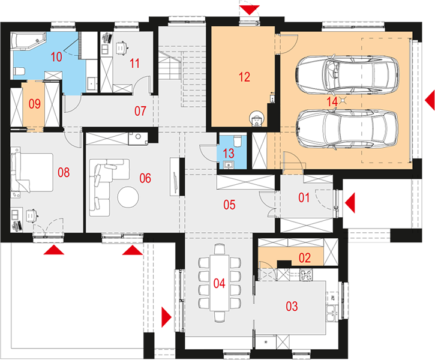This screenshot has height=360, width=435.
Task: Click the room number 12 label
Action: click(x=244, y=77)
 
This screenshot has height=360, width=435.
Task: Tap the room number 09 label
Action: click(x=35, y=104)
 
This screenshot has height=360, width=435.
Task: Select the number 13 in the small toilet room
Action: click(x=229, y=154)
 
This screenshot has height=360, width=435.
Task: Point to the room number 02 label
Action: click(x=305, y=258)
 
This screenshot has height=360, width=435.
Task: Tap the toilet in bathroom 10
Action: click(x=19, y=71)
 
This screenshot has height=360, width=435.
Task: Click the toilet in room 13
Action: click(x=238, y=141)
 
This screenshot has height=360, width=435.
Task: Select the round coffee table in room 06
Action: click(x=128, y=197)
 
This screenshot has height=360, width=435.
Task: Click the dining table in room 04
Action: click(x=219, y=283)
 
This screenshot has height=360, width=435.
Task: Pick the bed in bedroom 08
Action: click(x=32, y=172)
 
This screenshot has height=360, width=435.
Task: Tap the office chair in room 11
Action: click(x=121, y=48)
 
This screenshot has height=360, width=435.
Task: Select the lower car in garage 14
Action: click(x=347, y=130)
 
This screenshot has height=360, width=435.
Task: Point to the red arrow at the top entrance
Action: click(x=250, y=10)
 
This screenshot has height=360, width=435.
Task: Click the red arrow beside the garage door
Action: click(x=430, y=100)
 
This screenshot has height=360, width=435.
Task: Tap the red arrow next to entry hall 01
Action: click(x=350, y=203)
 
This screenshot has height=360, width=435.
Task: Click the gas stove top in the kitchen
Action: click(x=306, y=275)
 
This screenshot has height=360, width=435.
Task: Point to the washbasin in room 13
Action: click(x=229, y=165)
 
